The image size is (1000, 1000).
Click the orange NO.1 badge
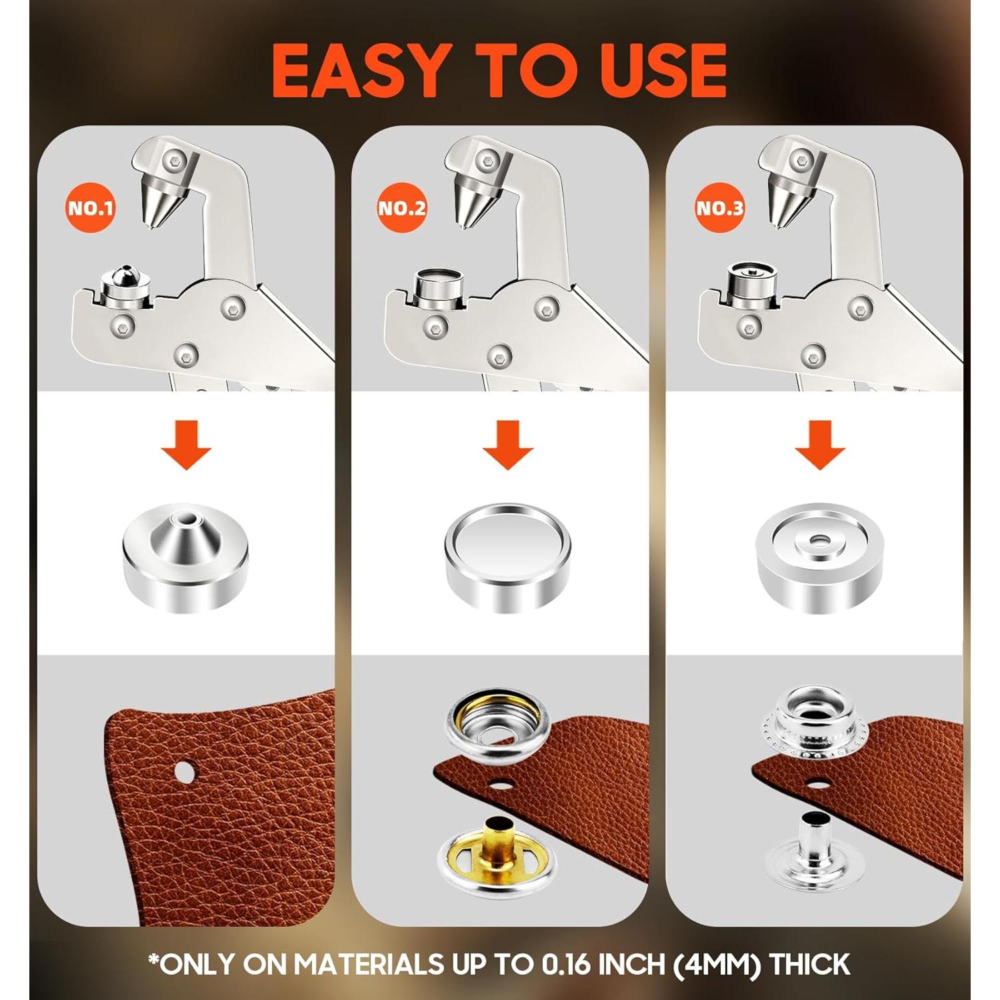tap(91, 207)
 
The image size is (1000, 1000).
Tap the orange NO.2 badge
tap(402, 207)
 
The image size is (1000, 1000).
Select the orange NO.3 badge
tap(719, 207)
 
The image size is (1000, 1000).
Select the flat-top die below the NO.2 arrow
tap(507, 557)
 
